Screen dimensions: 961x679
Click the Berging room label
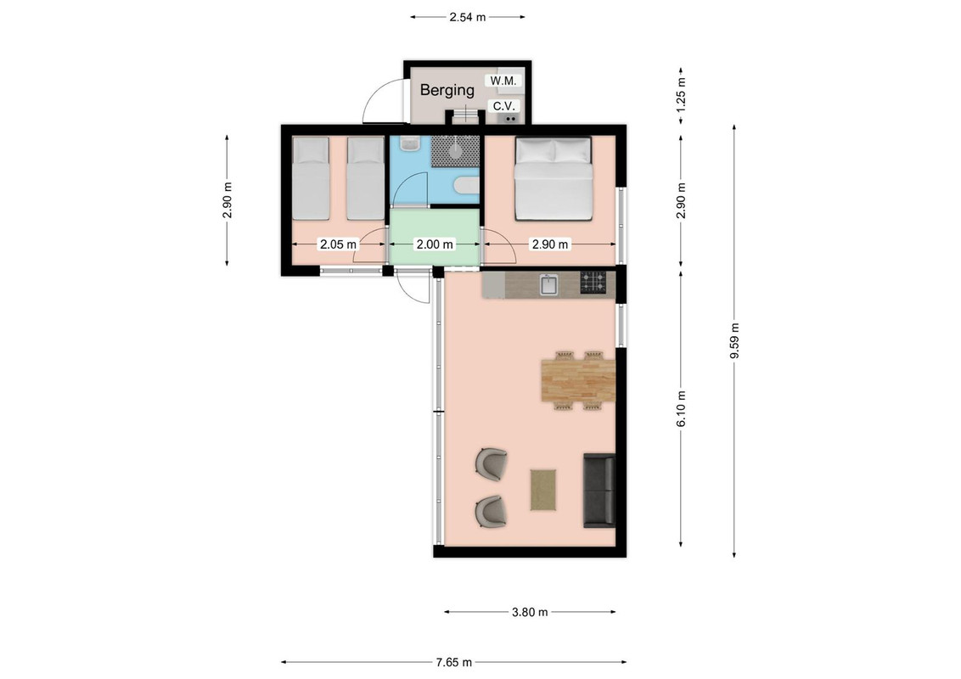447,90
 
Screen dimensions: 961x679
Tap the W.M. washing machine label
503,81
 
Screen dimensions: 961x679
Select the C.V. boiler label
503,106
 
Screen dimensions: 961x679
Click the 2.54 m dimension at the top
467,17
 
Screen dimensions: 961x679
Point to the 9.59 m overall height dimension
734,342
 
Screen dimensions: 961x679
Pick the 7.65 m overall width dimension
454,662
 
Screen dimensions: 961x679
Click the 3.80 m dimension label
530,612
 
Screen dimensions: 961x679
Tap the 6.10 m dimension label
681,409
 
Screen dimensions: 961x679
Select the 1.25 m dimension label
681,96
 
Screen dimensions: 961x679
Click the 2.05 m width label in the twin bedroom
338,244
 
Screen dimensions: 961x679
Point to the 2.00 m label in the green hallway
435,244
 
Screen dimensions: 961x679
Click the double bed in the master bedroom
554,178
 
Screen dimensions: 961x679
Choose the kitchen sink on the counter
548,285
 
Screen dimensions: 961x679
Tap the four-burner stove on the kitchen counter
593,283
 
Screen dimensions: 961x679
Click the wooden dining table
578,380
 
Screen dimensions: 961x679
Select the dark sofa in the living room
599,491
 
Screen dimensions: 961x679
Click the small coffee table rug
543,490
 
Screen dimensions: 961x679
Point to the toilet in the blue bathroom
467,186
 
